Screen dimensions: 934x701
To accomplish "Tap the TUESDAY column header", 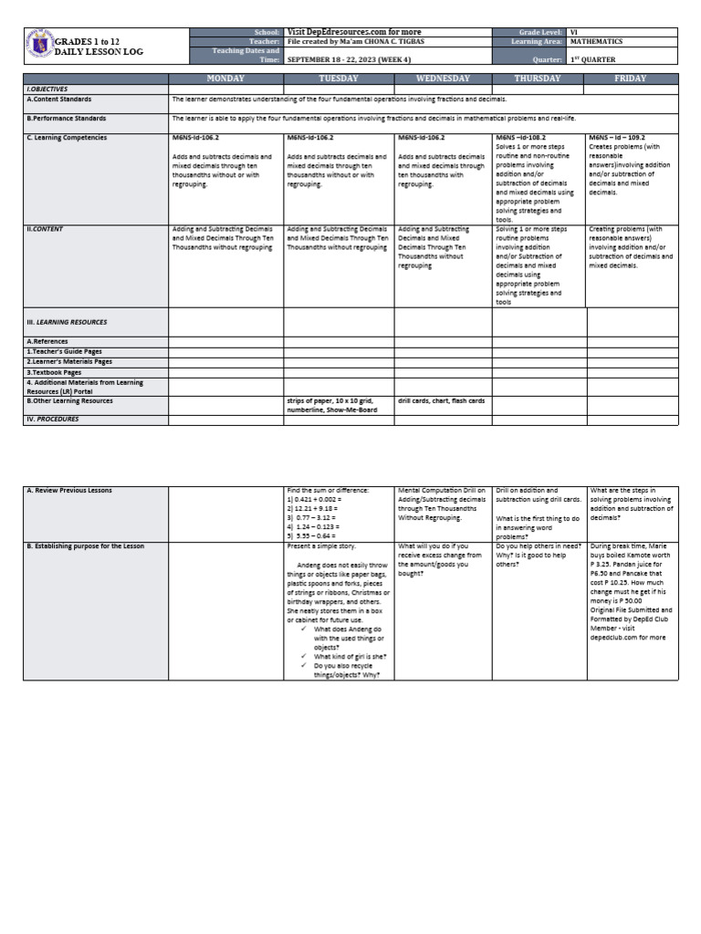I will pos(340,79).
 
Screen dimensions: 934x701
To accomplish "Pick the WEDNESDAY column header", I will pos(443,79).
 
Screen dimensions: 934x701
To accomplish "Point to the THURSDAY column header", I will pos(539,79).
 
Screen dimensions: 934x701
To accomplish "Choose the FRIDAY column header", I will pos(632,79).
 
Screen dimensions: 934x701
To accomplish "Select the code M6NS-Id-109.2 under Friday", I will pos(618,138).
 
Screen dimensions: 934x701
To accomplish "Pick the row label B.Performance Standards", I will pos(65,119).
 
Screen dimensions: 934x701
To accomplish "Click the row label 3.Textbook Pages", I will pos(54,372).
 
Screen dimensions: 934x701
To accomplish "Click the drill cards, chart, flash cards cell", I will pos(442,400).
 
